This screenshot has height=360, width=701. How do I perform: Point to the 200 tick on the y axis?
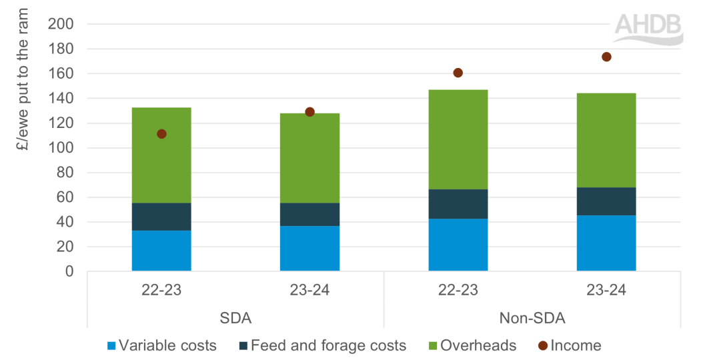coord(61,25)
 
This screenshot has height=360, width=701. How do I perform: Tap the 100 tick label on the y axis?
coord(61,148)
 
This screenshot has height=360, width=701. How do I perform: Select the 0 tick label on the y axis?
coord(69,272)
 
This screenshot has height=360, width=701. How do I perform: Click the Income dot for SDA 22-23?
coord(161,134)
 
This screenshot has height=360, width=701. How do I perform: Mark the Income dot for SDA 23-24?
coord(309,112)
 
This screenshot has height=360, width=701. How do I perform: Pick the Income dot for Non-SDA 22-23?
coord(458,73)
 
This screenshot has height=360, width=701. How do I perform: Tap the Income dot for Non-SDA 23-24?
coord(606,57)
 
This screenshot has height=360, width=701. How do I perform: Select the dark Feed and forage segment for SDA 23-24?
coord(309,215)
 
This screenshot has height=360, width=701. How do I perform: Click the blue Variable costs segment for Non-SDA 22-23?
coord(458,245)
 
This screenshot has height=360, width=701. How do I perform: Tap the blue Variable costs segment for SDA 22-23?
coord(161,251)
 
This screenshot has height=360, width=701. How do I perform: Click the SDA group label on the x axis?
coord(235,318)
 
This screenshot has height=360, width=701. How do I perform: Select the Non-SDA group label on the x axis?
coord(532,318)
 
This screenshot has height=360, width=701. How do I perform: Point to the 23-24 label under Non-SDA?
coord(606,291)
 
